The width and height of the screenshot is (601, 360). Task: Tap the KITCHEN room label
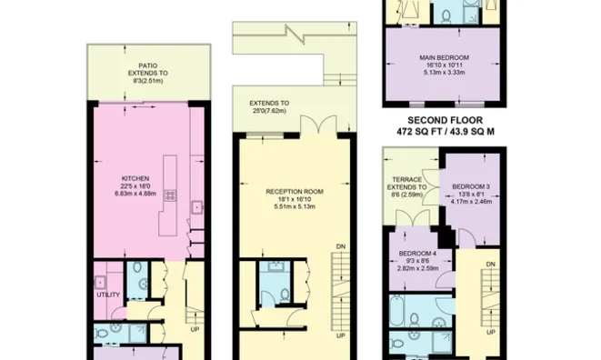[x=136, y=178]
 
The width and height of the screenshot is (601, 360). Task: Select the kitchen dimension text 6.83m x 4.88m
[x=136, y=193]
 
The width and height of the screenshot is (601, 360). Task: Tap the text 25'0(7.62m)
[x=270, y=112]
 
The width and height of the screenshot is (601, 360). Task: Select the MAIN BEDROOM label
[x=441, y=55]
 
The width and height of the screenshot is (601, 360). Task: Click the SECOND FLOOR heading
[x=445, y=120]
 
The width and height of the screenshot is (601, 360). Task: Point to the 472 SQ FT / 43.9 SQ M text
[x=445, y=132]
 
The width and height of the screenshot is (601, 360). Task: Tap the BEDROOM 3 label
[x=472, y=187]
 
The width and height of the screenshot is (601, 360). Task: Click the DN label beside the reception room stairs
[x=340, y=246]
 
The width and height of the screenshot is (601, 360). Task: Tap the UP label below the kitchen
[x=195, y=330]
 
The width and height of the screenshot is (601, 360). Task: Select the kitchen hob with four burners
[x=195, y=208]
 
